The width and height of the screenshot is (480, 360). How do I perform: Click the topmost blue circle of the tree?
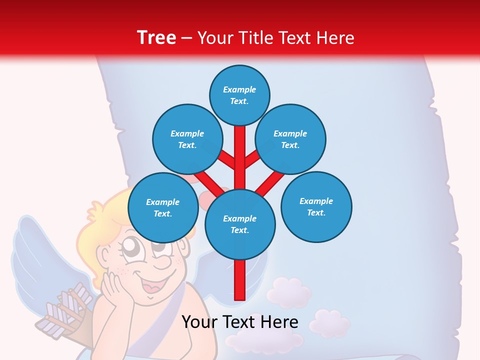[239, 95]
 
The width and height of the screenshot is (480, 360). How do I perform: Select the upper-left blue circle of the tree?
[187, 139]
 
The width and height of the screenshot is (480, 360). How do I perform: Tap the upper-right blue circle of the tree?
[290, 139]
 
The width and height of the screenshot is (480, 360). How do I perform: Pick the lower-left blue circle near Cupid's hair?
[163, 207]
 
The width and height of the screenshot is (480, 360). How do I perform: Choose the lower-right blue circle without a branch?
[316, 206]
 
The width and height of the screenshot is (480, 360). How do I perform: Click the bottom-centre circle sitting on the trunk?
[240, 224]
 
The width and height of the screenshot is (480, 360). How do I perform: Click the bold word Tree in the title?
[156, 37]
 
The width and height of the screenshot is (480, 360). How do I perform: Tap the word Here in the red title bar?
[335, 38]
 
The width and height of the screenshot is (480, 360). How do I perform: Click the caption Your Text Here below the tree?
[240, 322]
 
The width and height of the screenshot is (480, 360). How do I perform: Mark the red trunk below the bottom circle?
[240, 280]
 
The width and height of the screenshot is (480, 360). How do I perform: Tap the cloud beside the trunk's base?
[288, 292]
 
